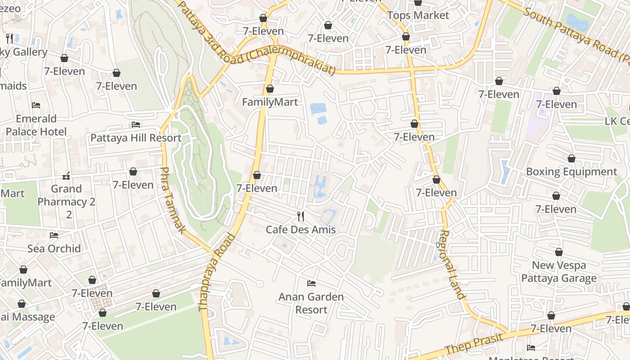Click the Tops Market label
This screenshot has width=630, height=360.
point(418,15)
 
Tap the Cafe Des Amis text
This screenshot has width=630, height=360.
point(301,229)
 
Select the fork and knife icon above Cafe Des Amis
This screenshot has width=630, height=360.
point(301,216)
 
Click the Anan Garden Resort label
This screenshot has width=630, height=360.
point(311,303)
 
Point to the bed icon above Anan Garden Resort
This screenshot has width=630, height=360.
point(311,283)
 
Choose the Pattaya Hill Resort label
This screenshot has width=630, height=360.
point(136,138)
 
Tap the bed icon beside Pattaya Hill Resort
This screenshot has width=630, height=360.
point(136,125)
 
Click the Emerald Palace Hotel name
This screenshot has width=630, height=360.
point(36,125)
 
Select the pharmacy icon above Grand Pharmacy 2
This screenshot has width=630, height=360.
point(66,176)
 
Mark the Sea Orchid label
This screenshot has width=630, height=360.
point(54,248)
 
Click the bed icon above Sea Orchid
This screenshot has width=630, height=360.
point(54,235)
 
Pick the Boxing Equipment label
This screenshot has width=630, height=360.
point(571,171)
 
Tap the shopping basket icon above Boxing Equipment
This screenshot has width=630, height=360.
point(571,159)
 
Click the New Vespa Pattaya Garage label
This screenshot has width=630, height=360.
point(559,272)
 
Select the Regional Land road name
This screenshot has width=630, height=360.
point(451,265)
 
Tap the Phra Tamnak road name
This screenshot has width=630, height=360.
point(172,200)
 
